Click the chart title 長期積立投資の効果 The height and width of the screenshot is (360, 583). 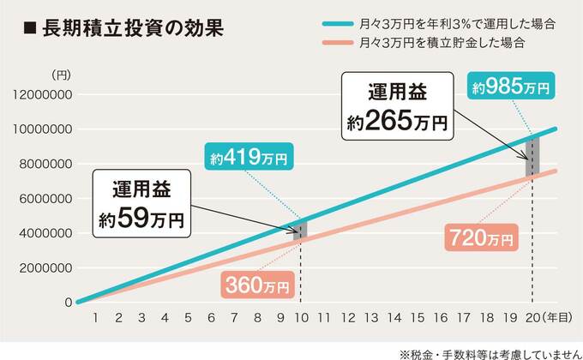click(x=120, y=27)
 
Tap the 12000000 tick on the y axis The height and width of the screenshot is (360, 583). click(x=43, y=94)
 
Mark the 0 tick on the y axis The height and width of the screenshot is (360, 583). click(x=67, y=302)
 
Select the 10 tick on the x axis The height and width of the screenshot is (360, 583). click(x=301, y=317)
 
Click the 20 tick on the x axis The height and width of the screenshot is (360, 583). click(x=532, y=317)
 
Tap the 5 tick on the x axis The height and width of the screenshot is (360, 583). click(x=186, y=317)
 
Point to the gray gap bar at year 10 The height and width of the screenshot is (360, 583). click(x=301, y=229)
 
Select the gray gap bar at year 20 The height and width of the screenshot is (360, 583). click(x=532, y=156)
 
